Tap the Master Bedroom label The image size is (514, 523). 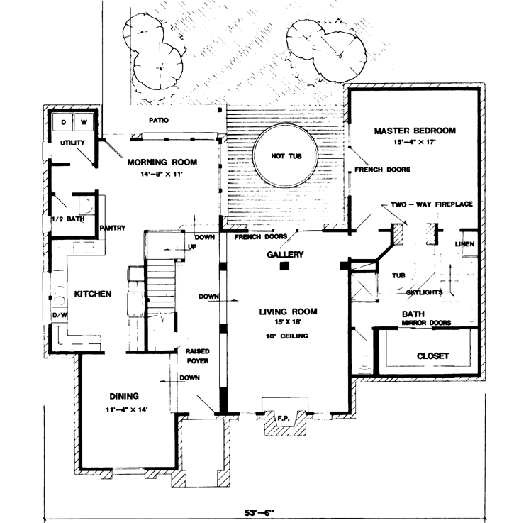coord(415,131)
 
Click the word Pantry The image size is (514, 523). coord(113,228)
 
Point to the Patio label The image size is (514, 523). coord(158,120)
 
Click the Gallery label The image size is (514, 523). coord(285,254)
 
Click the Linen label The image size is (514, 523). coord(466,244)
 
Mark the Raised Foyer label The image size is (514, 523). coord(196,356)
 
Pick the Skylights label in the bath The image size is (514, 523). coord(425,292)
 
